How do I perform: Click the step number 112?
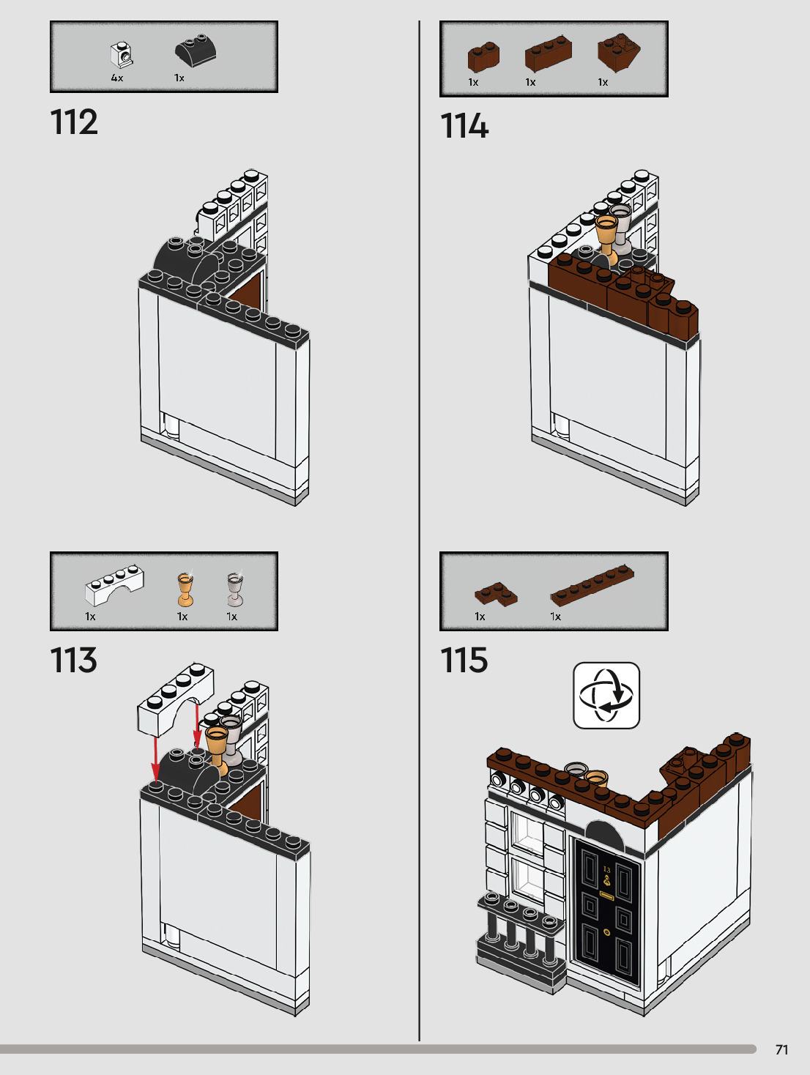(74, 122)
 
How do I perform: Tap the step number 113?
(74, 660)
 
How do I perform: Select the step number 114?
(464, 125)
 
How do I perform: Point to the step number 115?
(464, 660)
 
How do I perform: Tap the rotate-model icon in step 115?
(606, 696)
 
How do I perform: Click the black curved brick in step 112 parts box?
(196, 50)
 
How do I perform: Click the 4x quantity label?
(117, 78)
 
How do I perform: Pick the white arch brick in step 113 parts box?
(114, 585)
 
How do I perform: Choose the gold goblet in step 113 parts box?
(185, 589)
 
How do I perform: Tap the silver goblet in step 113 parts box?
(235, 589)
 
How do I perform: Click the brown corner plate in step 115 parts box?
(496, 594)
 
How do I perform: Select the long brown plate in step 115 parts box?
(592, 585)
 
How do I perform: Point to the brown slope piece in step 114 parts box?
(619, 53)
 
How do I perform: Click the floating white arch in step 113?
(175, 700)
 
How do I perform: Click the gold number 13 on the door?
(606, 869)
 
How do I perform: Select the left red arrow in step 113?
(156, 760)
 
